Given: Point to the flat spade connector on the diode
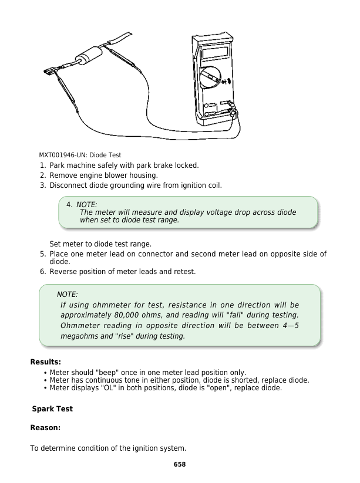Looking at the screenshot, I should point(49,73).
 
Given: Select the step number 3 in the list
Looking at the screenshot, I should point(43,185).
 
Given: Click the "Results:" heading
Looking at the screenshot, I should point(46,362).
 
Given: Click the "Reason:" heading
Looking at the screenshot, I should point(46,428).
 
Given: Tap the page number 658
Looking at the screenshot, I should point(180,464).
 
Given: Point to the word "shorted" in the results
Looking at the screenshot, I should point(237,380).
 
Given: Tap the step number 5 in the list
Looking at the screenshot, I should point(43,254).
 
